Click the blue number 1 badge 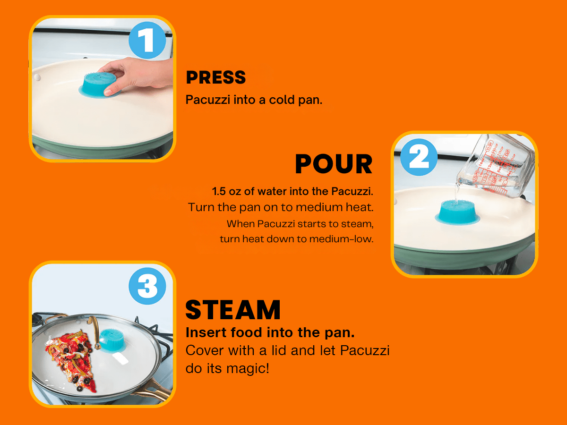[147, 40]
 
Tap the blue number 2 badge [419, 157]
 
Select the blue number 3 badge [147, 286]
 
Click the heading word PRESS [215, 77]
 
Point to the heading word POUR [334, 164]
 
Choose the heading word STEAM [233, 310]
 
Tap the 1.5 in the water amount [219, 191]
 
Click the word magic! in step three [248, 368]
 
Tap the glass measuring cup [494, 166]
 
